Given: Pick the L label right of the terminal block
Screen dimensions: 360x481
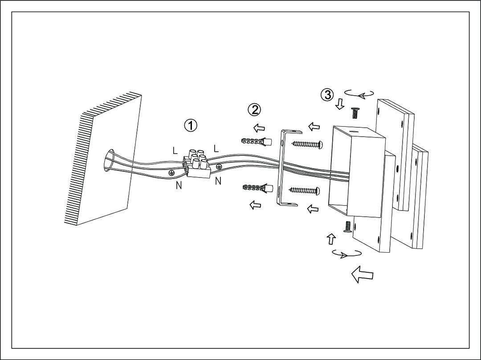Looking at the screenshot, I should [x=216, y=148].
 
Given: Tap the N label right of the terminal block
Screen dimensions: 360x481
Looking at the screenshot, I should [x=218, y=181].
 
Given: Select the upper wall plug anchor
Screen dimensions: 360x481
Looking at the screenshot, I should [x=257, y=142].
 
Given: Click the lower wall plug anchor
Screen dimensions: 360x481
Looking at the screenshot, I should [x=257, y=189].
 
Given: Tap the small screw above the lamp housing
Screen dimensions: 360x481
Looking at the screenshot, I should [x=355, y=113].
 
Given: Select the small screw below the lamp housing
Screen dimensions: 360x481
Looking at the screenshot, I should [x=346, y=227].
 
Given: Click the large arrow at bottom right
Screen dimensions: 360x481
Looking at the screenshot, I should [x=362, y=274].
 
